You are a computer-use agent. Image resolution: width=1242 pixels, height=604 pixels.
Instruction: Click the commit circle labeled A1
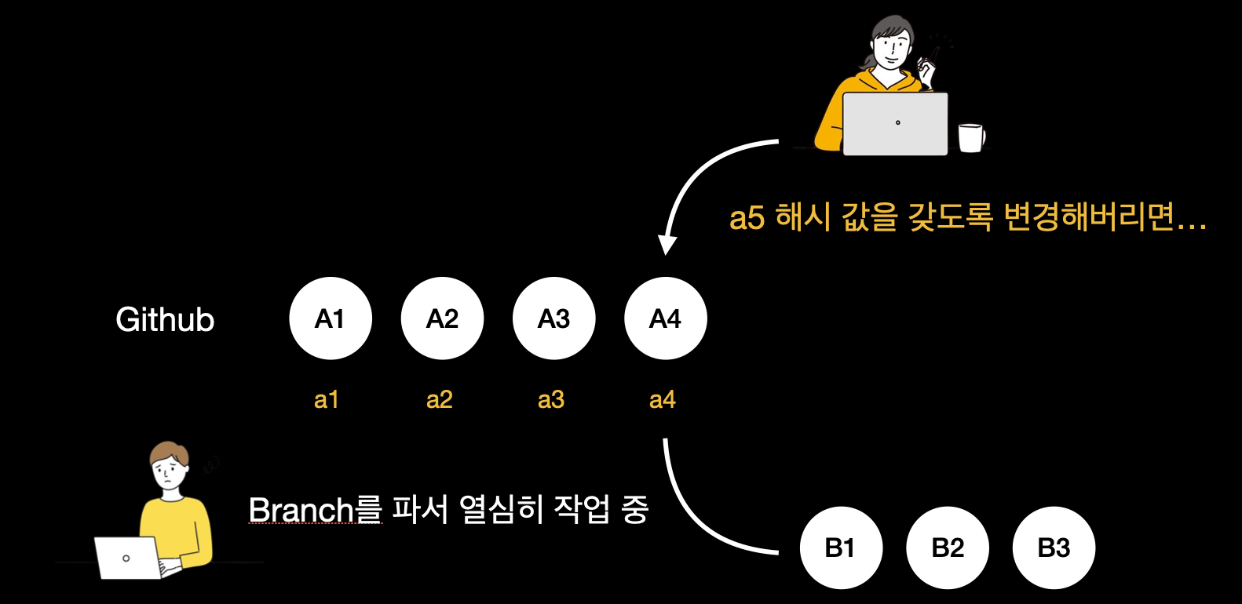(x=331, y=318)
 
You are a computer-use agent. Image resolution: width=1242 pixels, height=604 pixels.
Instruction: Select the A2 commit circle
(x=442, y=318)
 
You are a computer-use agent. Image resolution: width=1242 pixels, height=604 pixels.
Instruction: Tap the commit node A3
(x=553, y=318)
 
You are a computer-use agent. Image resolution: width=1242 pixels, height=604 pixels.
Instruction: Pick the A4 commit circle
(x=665, y=318)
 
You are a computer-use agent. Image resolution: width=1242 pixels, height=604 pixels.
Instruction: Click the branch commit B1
(x=841, y=548)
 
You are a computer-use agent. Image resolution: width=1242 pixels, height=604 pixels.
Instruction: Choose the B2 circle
(x=948, y=548)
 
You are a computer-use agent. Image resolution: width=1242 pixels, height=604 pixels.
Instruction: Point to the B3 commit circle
(x=1054, y=548)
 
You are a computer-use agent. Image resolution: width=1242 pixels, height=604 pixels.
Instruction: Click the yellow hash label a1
(x=326, y=400)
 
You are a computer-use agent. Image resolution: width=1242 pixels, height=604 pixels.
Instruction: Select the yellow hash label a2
(x=439, y=400)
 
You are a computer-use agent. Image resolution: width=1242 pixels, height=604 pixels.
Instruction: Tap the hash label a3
(x=551, y=400)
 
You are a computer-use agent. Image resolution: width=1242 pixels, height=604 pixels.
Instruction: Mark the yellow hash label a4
(x=663, y=400)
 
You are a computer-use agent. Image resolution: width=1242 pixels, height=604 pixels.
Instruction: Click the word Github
(x=165, y=320)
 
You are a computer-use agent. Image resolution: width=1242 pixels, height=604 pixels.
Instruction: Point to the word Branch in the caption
(x=301, y=510)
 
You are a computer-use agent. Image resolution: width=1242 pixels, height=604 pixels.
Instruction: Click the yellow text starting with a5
(x=967, y=217)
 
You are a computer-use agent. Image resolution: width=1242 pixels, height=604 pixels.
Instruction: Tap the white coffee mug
(x=971, y=137)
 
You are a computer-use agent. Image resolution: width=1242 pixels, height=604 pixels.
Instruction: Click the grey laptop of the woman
(x=895, y=124)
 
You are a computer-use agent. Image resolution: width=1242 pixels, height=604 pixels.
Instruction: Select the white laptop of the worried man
(x=128, y=557)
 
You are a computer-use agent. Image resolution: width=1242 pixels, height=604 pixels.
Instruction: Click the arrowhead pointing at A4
(x=667, y=245)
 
